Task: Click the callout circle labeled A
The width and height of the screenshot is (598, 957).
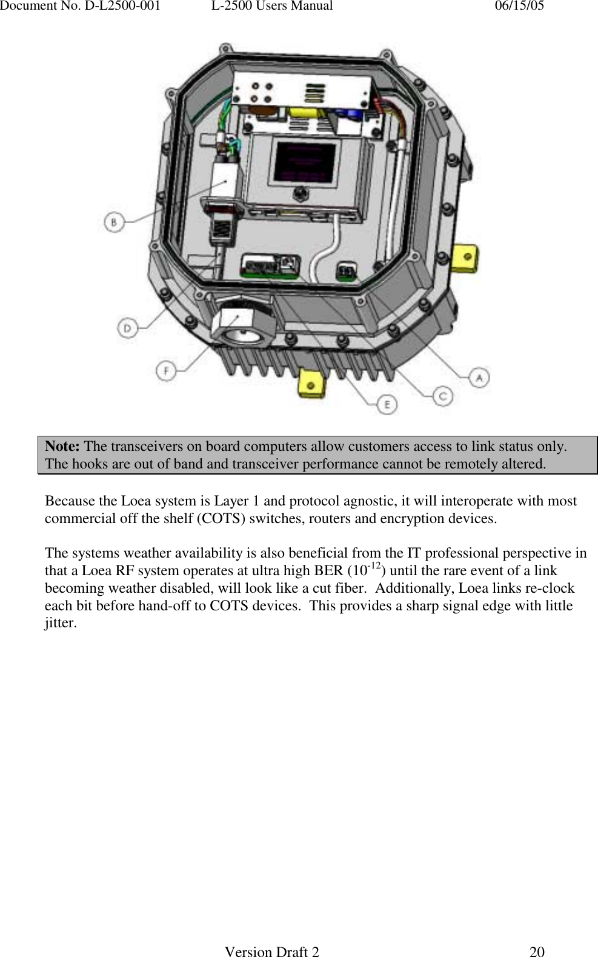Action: pyautogui.click(x=479, y=377)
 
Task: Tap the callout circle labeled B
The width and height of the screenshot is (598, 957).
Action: pyautogui.click(x=113, y=222)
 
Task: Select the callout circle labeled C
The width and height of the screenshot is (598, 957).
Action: pyautogui.click(x=443, y=396)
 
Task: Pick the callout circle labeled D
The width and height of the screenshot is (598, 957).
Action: pyautogui.click(x=127, y=328)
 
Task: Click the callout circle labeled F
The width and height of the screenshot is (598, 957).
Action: pyautogui.click(x=166, y=370)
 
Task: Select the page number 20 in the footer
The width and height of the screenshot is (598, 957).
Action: pyautogui.click(x=537, y=952)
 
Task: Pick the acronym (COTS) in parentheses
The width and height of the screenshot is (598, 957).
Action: pyautogui.click(x=218, y=519)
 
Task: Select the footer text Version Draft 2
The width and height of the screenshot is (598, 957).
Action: pyautogui.click(x=272, y=952)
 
